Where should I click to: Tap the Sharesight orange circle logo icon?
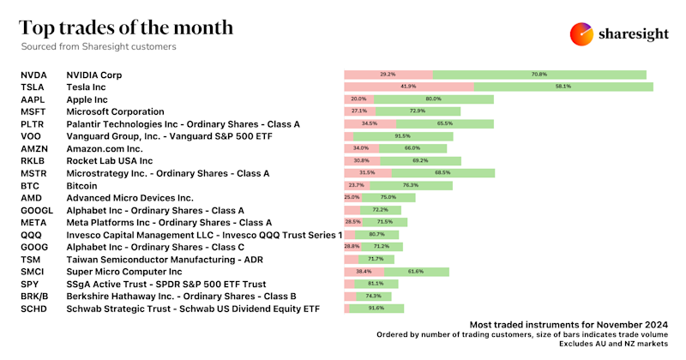(582, 33)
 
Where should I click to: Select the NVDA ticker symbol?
(35, 75)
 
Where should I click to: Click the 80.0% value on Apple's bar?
(433, 99)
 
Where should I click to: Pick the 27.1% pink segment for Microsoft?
(359, 111)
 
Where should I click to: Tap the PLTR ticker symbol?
(33, 124)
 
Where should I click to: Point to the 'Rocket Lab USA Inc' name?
(110, 161)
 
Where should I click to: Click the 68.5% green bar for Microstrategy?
(442, 173)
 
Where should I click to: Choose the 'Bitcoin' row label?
(82, 185)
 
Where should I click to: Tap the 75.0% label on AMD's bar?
(388, 197)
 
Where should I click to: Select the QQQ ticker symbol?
(31, 235)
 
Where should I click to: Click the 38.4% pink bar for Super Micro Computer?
(363, 272)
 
